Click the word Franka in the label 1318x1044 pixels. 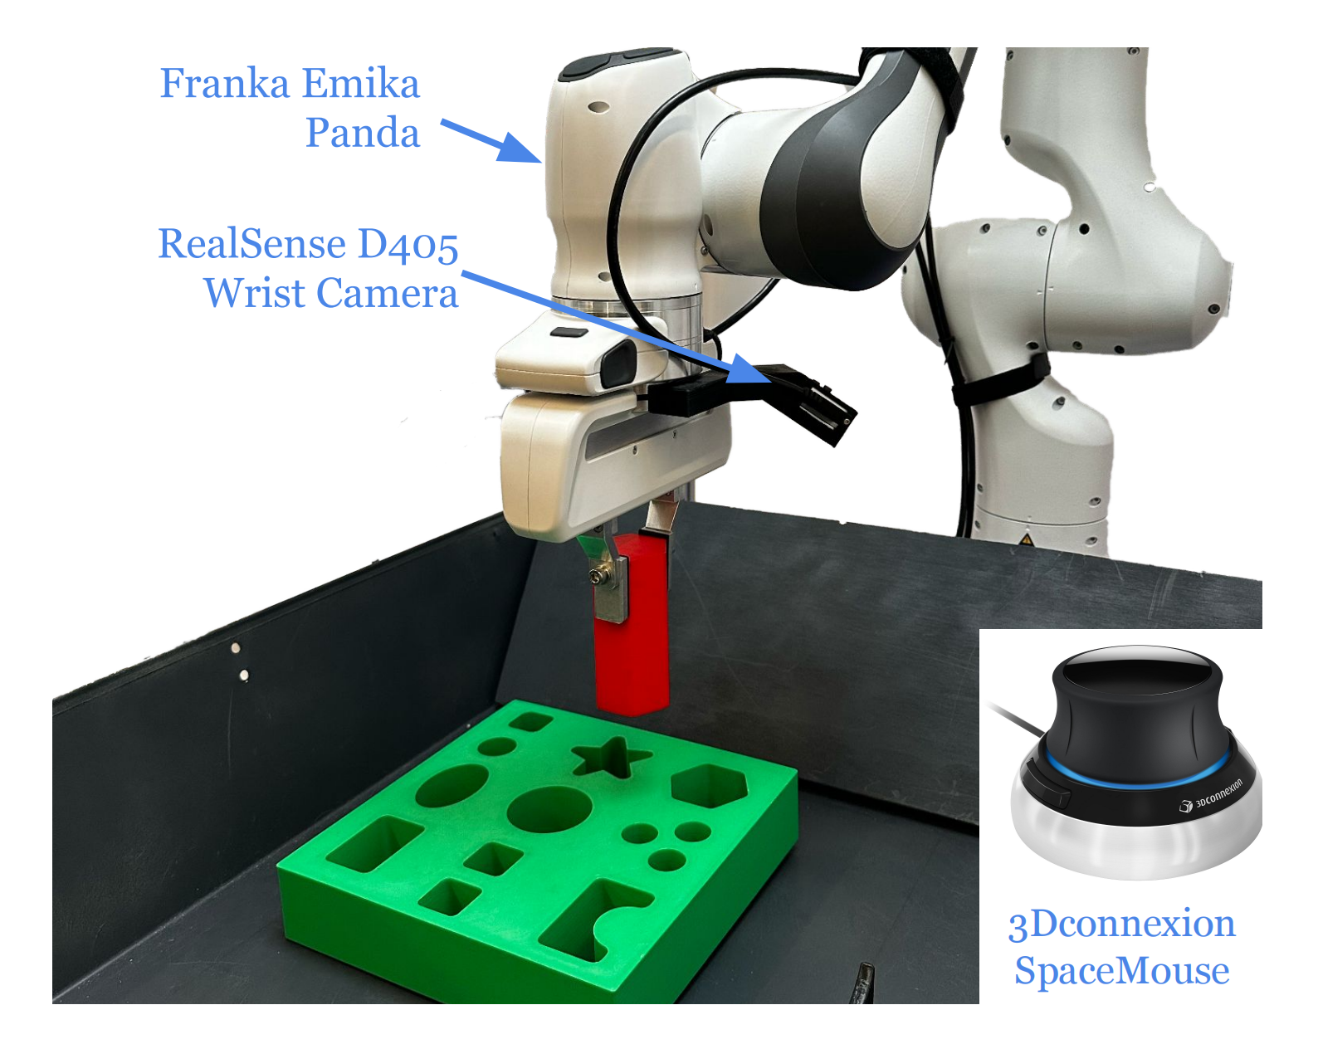point(224,84)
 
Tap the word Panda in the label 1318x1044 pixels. point(363,133)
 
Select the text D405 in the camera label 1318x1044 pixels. point(408,245)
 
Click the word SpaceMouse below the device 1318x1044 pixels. point(1121,971)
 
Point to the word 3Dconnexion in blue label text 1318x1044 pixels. point(1121,924)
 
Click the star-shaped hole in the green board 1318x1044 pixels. point(612,757)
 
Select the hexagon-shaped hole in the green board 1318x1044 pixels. point(709,785)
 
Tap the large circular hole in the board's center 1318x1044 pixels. point(549,809)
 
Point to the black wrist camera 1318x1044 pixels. point(813,402)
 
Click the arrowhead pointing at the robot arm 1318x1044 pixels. point(519,149)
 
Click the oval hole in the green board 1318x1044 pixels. point(452,785)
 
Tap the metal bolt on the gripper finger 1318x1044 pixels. point(597,574)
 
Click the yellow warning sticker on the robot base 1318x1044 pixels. point(1027,539)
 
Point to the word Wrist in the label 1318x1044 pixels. point(256,293)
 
